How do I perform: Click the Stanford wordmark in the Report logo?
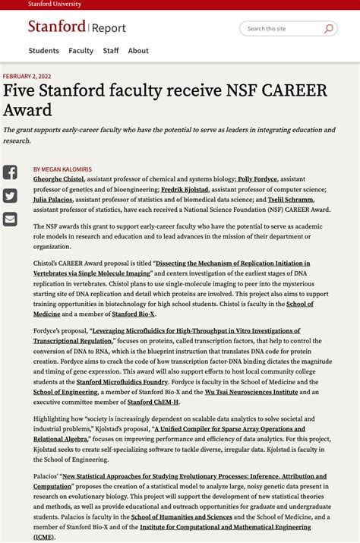point(57,27)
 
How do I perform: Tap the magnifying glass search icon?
point(329,29)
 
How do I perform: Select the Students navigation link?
point(44,51)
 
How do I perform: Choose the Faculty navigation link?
point(81,51)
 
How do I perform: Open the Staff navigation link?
point(111,51)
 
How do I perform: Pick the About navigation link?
point(138,51)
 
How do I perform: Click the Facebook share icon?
point(10,172)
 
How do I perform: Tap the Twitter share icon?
point(10,196)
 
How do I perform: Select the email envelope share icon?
point(10,219)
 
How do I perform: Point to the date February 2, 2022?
point(27,77)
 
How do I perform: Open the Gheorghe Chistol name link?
point(58,178)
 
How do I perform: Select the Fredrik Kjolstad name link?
point(184,188)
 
